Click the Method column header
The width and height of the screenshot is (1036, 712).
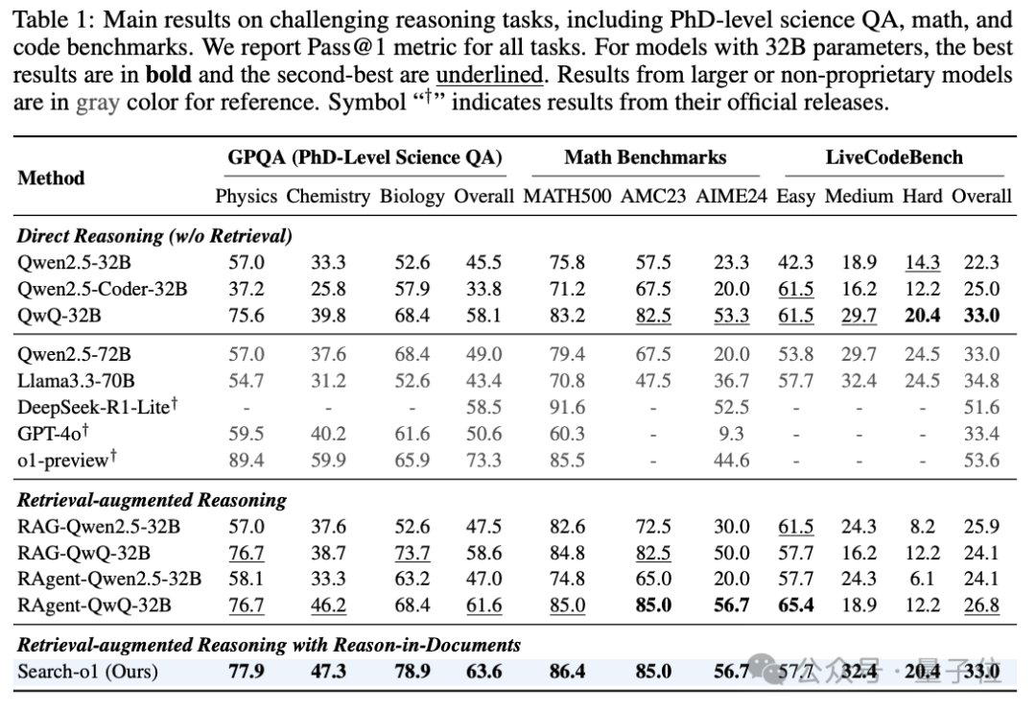[x=51, y=178]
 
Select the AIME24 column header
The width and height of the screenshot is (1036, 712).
[x=731, y=197]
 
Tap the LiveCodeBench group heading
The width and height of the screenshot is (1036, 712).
[x=894, y=157]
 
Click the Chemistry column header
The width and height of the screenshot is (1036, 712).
[x=328, y=197]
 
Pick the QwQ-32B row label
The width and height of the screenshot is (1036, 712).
[x=59, y=316]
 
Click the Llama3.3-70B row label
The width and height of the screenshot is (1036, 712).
[x=76, y=381]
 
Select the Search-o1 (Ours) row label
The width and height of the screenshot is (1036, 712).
[x=88, y=672]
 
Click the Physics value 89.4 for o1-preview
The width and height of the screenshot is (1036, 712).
[x=247, y=461]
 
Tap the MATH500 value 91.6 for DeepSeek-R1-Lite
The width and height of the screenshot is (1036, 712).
[x=567, y=407]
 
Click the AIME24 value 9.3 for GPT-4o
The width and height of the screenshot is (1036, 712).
[x=731, y=434]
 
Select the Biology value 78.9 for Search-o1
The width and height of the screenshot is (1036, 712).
[x=412, y=672]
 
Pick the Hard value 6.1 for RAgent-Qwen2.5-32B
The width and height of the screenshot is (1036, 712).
[x=923, y=580]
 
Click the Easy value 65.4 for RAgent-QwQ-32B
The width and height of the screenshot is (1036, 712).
[x=795, y=605]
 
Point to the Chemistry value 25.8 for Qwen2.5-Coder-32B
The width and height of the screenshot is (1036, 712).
[x=328, y=289]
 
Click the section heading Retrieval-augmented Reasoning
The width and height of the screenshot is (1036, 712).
[x=152, y=501]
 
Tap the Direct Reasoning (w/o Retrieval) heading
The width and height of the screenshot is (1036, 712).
[x=154, y=236]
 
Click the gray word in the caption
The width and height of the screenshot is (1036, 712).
[x=98, y=103]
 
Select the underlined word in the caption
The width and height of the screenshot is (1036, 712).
[x=489, y=75]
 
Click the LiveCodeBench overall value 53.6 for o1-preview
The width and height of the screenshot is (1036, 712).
[x=981, y=461]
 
